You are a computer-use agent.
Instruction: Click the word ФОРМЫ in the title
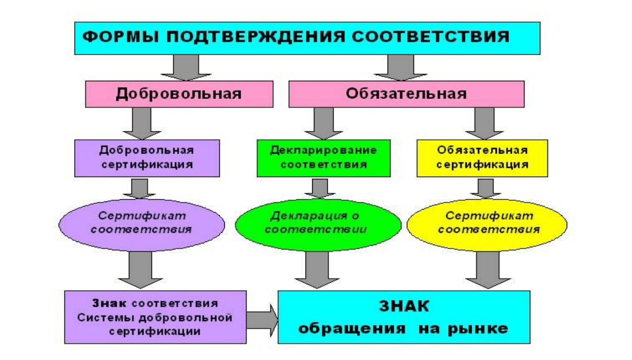pyautogui.click(x=120, y=37)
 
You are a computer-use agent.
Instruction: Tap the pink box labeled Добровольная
pyautogui.click(x=179, y=94)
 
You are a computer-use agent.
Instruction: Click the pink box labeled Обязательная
pyautogui.click(x=406, y=94)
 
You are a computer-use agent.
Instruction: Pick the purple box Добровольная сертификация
pyautogui.click(x=147, y=158)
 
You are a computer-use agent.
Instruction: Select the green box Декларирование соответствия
pyautogui.click(x=324, y=158)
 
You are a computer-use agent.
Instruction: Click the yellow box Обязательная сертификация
pyautogui.click(x=482, y=158)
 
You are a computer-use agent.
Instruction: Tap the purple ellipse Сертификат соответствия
pyautogui.click(x=142, y=225)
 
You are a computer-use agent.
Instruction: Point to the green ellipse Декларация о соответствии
pyautogui.click(x=318, y=225)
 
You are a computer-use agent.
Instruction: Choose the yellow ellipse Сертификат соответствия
pyautogui.click(x=487, y=225)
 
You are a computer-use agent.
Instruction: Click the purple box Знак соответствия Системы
pyautogui.click(x=155, y=317)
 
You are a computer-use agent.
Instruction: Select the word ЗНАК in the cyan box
pyautogui.click(x=404, y=306)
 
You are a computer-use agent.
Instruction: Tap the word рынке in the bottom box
pyautogui.click(x=478, y=329)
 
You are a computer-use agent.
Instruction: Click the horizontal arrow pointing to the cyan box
pyautogui.click(x=262, y=320)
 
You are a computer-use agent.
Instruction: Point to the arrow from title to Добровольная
pyautogui.click(x=186, y=67)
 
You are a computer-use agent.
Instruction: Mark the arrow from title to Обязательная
pyautogui.click(x=400, y=67)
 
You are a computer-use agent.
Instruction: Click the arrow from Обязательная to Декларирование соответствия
pyautogui.click(x=324, y=123)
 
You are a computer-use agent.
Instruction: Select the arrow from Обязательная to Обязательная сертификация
pyautogui.click(x=484, y=123)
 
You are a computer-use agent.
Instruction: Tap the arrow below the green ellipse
pyautogui.click(x=317, y=270)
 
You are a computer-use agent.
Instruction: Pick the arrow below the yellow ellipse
pyautogui.click(x=488, y=270)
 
